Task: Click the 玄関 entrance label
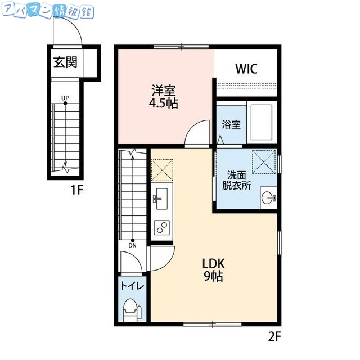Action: [65, 62]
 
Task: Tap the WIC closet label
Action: [246, 69]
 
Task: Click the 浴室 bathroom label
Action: [231, 124]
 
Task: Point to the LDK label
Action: [214, 263]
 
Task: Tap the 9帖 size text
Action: [214, 276]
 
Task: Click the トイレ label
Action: [132, 286]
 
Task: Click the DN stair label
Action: [133, 245]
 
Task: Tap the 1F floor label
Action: [76, 190]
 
